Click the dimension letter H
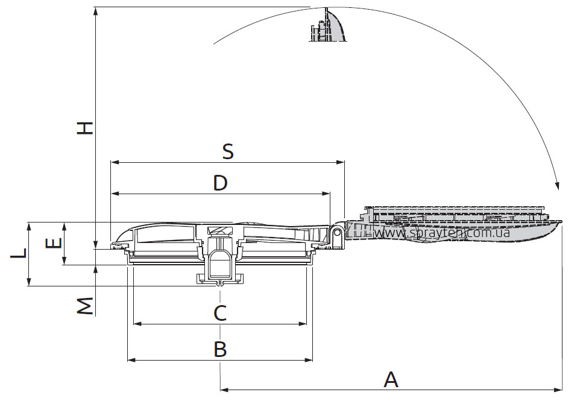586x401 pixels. (x=85, y=128)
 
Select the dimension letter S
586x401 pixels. (x=228, y=151)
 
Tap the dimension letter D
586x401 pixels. (x=221, y=183)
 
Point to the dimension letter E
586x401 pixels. (x=54, y=243)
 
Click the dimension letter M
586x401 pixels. (x=85, y=306)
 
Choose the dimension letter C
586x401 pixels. (x=220, y=313)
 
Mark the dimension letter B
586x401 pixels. (x=220, y=349)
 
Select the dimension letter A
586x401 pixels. (x=391, y=379)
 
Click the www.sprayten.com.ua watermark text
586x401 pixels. (x=442, y=232)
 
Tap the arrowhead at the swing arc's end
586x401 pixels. (x=557, y=186)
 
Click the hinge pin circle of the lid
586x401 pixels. (x=337, y=232)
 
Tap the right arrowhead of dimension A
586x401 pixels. (x=558, y=390)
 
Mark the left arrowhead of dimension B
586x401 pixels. (x=132, y=360)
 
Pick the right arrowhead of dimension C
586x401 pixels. (x=302, y=324)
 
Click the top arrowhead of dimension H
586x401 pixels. (x=96, y=11)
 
